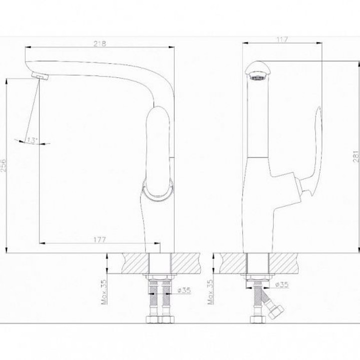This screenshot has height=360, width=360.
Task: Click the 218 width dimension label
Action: (100, 43)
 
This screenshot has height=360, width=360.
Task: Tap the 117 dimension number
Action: (282, 39)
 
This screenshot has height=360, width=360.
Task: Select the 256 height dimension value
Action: (3, 165)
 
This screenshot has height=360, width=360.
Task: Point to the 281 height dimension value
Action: (356, 156)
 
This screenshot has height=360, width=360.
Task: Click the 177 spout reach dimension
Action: (100, 239)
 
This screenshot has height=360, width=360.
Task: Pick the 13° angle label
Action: (32, 140)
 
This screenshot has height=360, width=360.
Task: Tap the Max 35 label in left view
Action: (104, 292)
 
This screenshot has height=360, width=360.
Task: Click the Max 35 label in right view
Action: (210, 292)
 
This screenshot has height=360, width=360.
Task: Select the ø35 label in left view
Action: (184, 290)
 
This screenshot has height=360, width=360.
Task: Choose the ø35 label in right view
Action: (282, 284)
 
